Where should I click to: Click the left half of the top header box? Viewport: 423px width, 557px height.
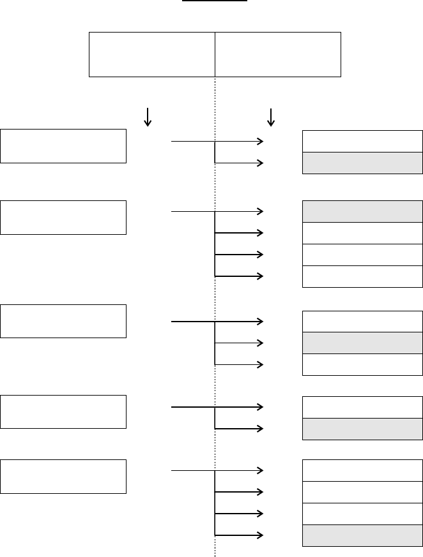(151, 54)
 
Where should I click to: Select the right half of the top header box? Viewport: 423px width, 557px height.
(278, 54)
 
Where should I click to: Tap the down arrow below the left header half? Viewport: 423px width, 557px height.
(148, 116)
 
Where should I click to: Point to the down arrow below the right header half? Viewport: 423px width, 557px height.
(271, 116)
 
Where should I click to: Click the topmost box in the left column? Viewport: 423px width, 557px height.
(63, 146)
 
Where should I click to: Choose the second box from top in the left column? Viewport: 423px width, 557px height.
(63, 217)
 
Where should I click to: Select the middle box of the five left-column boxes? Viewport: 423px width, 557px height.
(63, 321)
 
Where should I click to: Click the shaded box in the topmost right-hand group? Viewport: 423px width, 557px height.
(362, 163)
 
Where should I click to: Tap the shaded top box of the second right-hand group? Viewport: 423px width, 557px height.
(362, 211)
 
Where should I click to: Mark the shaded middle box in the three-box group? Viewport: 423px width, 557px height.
(362, 343)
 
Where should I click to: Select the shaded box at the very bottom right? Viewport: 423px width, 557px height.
(362, 536)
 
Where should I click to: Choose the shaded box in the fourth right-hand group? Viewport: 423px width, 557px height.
(362, 429)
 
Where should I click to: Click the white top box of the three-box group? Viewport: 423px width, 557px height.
(362, 321)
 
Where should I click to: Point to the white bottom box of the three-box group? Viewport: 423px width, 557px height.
(362, 364)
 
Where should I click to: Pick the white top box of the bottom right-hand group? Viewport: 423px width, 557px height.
(362, 470)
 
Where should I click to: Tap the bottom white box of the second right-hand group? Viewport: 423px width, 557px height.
(362, 276)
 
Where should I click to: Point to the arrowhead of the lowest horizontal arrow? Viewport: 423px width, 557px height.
(259, 535)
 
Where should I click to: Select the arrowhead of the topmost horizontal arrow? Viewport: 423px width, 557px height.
(259, 141)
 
